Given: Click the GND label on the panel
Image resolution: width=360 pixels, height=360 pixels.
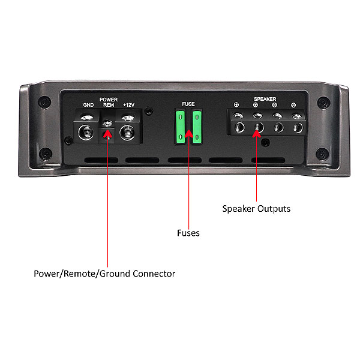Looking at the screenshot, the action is pos(88,105).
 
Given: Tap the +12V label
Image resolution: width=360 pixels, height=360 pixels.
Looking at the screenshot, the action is pos(128,105).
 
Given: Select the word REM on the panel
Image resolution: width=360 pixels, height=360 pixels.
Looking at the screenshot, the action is pos(109,105).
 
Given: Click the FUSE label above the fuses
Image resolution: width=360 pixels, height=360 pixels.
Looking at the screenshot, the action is pos(188,104).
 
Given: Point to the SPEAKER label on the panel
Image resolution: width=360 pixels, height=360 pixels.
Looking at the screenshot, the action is pos(265,99).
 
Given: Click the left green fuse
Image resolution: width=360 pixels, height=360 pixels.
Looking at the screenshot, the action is pos(181,127).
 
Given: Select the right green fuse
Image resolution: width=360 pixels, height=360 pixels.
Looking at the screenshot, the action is pos(197,127).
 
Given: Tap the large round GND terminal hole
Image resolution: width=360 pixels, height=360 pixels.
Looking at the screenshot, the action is pos(86,133).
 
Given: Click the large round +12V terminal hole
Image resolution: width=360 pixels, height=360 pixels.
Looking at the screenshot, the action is pos(127,133).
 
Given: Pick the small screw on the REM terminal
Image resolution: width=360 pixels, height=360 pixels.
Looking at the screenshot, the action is pos(107,124).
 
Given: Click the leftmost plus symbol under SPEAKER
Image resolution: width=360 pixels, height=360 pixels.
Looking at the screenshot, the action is pos(236,105).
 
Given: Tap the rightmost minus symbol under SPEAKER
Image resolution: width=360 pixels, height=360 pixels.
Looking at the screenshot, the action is pos(293,105).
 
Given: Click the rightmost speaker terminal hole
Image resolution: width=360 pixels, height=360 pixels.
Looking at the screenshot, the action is pos(298,128).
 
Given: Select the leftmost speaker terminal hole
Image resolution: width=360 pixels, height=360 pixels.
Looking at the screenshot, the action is pos(239,127).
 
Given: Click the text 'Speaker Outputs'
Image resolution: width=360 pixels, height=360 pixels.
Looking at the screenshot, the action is pos(256,209).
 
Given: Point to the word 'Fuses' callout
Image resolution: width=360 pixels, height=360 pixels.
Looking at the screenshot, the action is pos(188,233).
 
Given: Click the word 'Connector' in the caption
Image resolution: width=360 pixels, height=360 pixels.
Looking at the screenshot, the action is pos(154,274).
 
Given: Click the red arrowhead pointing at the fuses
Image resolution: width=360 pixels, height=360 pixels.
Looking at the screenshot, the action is pos(189,134).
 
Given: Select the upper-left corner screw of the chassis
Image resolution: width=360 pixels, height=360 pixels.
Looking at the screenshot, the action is pos(44,102).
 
